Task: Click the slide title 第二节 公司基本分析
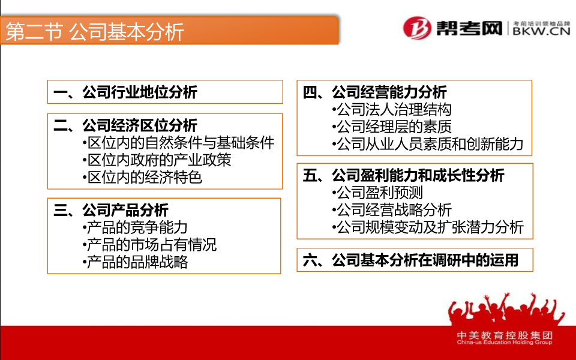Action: click(95, 31)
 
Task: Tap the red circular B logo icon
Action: click(418, 28)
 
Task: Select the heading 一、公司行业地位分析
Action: click(125, 92)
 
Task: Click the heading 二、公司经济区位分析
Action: click(125, 125)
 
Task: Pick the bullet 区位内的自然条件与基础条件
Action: click(179, 143)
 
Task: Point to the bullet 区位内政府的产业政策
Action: click(157, 160)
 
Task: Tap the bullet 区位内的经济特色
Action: click(143, 178)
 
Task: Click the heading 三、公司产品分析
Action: click(111, 210)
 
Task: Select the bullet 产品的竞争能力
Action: click(135, 228)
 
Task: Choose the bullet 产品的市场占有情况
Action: click(149, 245)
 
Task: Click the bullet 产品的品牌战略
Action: click(135, 262)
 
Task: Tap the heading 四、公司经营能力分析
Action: click(374, 92)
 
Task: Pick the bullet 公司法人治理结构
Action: click(392, 109)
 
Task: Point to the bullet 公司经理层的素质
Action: click(392, 127)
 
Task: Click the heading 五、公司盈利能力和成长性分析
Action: click(403, 175)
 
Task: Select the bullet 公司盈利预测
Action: click(377, 193)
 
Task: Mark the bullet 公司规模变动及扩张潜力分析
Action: click(428, 227)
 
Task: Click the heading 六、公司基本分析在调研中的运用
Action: click(410, 260)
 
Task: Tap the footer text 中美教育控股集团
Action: click(505, 335)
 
